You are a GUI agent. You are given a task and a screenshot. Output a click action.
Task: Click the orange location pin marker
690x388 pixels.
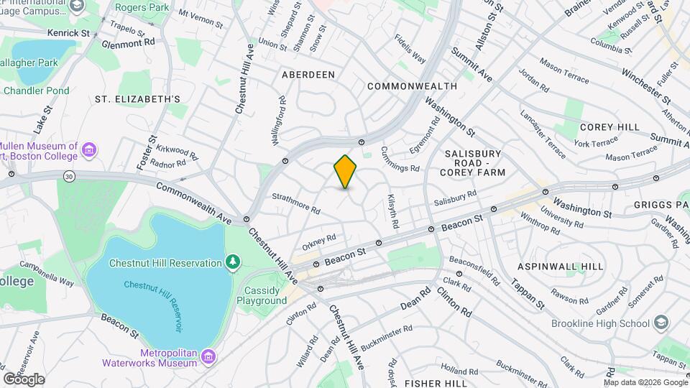[345, 172]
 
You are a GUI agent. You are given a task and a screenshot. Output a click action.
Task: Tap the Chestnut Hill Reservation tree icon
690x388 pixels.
[232, 263]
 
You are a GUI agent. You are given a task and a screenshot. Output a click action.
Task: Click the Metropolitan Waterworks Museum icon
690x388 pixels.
[208, 356]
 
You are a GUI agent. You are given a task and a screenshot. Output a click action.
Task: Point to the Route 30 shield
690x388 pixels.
[68, 175]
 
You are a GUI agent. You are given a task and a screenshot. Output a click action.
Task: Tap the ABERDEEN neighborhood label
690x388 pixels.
[308, 75]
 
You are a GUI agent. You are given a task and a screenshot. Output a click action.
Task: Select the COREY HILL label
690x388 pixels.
[609, 127]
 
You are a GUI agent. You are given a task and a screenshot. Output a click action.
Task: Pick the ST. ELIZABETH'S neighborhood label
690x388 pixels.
[137, 98]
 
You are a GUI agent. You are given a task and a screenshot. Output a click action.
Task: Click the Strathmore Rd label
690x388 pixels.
[296, 203]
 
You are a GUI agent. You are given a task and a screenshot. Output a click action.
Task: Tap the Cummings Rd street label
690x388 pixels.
[400, 160]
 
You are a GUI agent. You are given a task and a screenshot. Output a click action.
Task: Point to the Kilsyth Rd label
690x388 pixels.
[392, 211]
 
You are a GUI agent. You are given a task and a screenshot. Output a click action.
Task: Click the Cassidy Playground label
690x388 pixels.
[265, 295]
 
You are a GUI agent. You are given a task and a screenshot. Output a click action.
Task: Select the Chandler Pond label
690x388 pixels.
[37, 91]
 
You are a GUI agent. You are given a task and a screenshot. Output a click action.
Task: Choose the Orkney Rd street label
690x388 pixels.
[319, 242]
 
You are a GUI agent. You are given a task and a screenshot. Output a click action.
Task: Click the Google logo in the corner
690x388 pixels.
[24, 379]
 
